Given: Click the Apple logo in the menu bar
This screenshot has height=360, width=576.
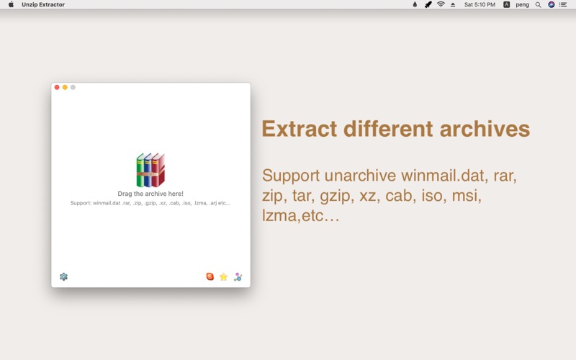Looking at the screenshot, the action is (x=11, y=4).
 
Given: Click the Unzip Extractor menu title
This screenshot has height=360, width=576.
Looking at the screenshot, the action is (x=43, y=4).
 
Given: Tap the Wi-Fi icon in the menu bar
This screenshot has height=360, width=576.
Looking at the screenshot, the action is (x=441, y=4).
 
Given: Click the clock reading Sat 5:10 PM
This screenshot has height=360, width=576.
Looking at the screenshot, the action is (x=480, y=4).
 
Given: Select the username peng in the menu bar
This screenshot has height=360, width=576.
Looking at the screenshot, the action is (x=522, y=5).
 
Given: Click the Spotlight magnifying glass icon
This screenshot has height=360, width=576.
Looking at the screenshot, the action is (x=538, y=5).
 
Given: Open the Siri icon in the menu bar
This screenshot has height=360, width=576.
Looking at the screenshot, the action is (x=551, y=4).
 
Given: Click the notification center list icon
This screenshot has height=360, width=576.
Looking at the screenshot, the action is (x=563, y=4).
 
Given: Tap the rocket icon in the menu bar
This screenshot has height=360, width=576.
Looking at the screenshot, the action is (x=428, y=4).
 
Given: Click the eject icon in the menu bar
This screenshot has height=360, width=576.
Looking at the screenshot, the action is (x=453, y=5).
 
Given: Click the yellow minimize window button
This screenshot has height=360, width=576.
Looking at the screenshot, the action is (x=65, y=87).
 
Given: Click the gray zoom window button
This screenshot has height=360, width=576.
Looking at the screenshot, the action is (x=73, y=87).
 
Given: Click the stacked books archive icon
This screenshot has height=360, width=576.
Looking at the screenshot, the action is (x=150, y=170).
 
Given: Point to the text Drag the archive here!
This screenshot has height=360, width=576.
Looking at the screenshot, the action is (x=150, y=194).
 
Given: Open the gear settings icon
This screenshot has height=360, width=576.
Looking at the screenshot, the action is (x=63, y=276).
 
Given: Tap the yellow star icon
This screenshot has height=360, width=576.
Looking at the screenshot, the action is (x=223, y=276).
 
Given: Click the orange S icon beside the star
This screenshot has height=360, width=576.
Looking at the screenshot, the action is (x=210, y=276).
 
